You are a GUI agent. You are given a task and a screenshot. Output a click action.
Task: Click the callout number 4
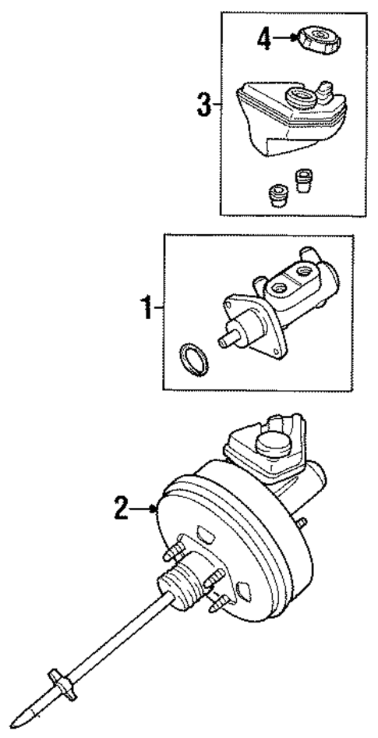click(265, 40)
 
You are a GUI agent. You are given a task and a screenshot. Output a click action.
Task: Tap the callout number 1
click(146, 310)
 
